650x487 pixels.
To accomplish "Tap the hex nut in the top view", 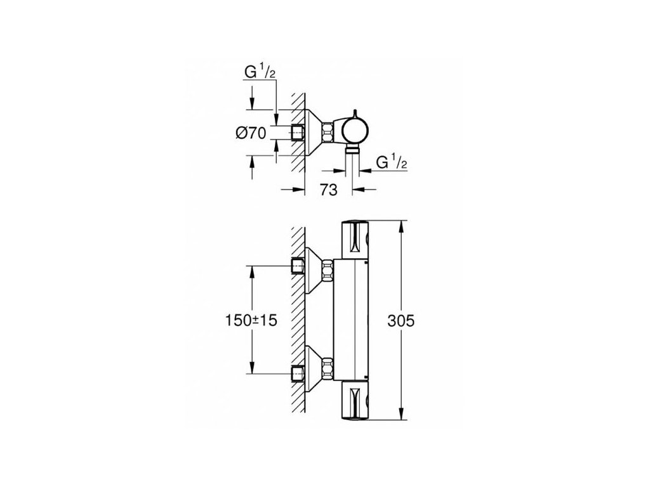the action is [328, 133].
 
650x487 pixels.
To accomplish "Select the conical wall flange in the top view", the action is [310, 132].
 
